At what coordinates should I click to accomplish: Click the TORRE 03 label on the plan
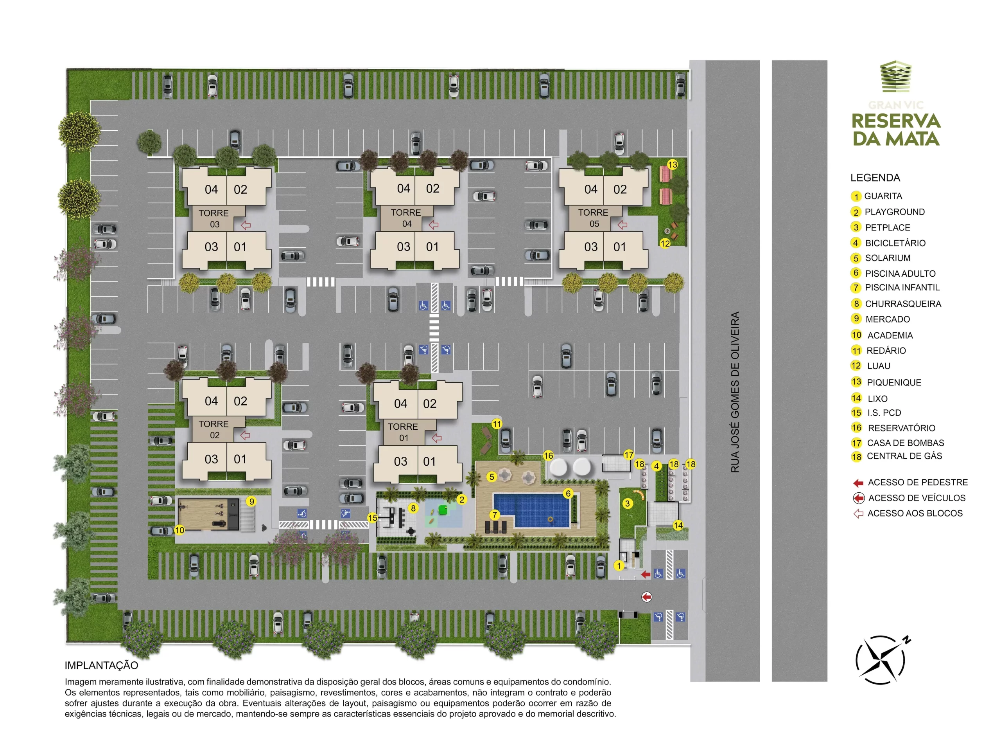[x=214, y=218]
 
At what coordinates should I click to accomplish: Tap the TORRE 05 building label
[x=593, y=218]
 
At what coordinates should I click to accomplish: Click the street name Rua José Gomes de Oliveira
[x=734, y=392]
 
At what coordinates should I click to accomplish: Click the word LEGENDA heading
[x=875, y=178]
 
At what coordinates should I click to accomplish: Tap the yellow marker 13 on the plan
[x=672, y=165]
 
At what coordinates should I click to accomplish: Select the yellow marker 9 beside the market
[x=252, y=502]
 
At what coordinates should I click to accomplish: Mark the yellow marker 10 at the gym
[x=179, y=530]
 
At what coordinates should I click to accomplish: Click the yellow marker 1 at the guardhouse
[x=619, y=566]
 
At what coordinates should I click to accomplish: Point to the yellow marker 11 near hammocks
[x=497, y=424]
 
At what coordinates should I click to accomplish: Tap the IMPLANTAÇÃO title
[x=101, y=665]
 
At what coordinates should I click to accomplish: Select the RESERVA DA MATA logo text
[x=896, y=130]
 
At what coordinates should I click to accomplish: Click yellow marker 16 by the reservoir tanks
[x=548, y=456]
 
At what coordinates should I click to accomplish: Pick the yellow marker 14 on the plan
[x=678, y=526]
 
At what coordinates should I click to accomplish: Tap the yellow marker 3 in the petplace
[x=628, y=504]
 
